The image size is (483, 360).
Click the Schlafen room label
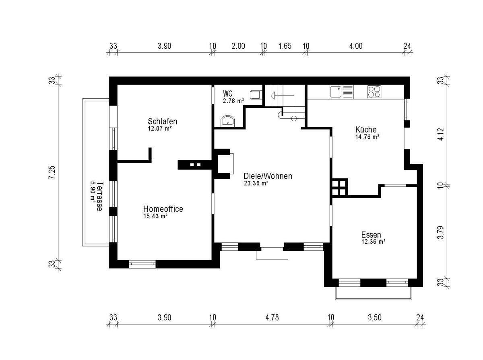click(x=162, y=121)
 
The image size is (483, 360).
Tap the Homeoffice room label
click(x=163, y=209)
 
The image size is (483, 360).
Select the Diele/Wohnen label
click(x=268, y=176)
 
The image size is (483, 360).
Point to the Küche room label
click(x=366, y=130)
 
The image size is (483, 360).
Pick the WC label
click(x=227, y=94)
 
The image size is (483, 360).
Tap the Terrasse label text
click(x=99, y=197)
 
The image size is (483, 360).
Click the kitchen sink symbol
click(x=335, y=92)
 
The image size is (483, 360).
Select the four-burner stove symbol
click(x=374, y=92)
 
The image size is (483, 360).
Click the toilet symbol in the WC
click(x=255, y=95)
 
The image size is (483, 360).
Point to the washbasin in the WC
click(x=227, y=121)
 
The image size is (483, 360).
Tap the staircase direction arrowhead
click(x=273, y=95)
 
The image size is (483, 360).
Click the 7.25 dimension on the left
click(x=52, y=172)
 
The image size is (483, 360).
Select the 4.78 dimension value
click(x=272, y=317)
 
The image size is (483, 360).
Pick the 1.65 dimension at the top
click(x=285, y=46)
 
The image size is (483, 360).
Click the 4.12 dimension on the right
click(x=441, y=134)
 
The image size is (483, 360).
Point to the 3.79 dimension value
click(x=441, y=233)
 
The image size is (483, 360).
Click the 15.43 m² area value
click(x=155, y=216)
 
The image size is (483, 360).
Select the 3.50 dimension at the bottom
click(x=375, y=317)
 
